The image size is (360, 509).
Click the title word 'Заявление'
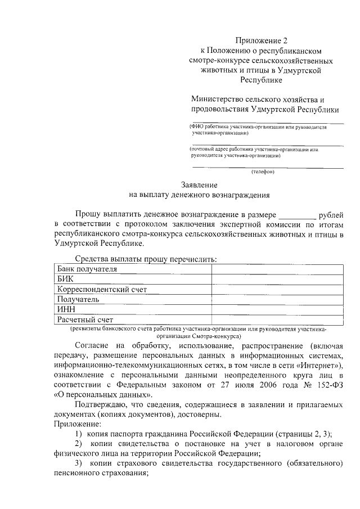point(199,184)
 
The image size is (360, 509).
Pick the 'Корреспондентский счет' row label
point(102,289)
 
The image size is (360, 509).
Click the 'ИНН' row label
point(66,309)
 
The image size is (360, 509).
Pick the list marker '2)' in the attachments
point(79,443)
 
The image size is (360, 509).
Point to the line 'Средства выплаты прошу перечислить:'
point(146,259)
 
